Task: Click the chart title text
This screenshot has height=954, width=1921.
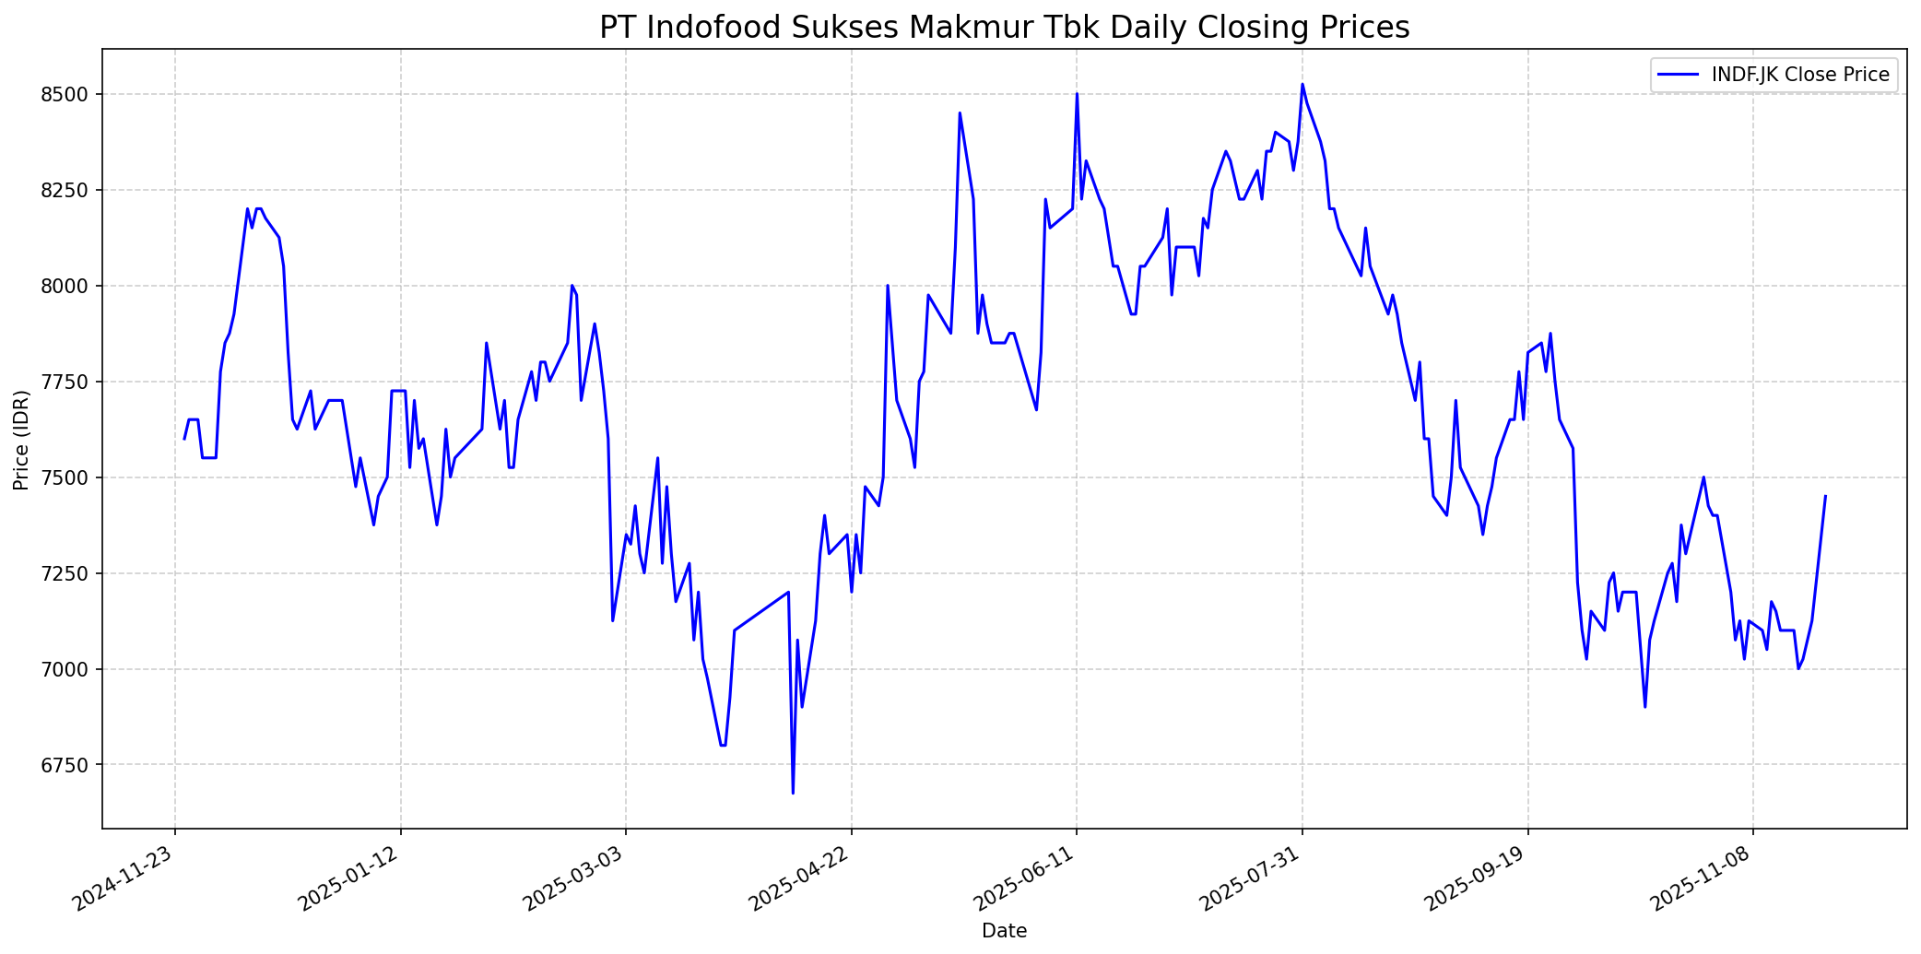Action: coord(1004,28)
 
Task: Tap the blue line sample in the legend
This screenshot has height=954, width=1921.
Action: coord(1678,75)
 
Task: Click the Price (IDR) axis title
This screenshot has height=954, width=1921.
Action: coord(21,440)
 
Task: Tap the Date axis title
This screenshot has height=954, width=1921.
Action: coord(1004,931)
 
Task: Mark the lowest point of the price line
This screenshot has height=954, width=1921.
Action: coord(793,793)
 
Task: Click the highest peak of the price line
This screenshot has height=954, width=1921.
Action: coord(1302,84)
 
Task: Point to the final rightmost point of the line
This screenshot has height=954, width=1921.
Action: coord(1825,496)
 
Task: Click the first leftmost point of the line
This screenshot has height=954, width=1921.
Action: coord(183,439)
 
